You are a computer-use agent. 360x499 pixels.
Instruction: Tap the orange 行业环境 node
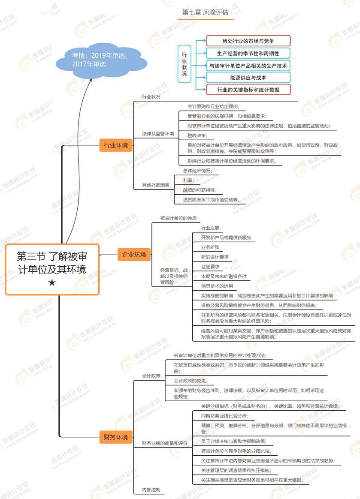(116, 145)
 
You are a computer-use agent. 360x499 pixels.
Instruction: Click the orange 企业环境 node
(134, 255)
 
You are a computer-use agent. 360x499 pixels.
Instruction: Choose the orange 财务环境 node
(116, 437)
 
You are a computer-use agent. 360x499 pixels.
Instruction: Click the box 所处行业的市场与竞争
(248, 41)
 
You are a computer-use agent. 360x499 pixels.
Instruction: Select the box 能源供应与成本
(248, 78)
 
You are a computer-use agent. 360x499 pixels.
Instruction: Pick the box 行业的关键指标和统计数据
(248, 90)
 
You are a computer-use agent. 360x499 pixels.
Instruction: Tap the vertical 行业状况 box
(185, 64)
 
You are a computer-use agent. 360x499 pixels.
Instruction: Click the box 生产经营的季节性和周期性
(248, 54)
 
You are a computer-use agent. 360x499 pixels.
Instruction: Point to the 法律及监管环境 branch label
(158, 134)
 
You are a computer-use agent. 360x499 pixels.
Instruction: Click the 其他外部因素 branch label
(156, 186)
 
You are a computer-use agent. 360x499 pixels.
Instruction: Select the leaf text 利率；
(188, 180)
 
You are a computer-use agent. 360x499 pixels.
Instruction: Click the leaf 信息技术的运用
(217, 286)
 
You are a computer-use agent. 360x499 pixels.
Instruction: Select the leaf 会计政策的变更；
(191, 381)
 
